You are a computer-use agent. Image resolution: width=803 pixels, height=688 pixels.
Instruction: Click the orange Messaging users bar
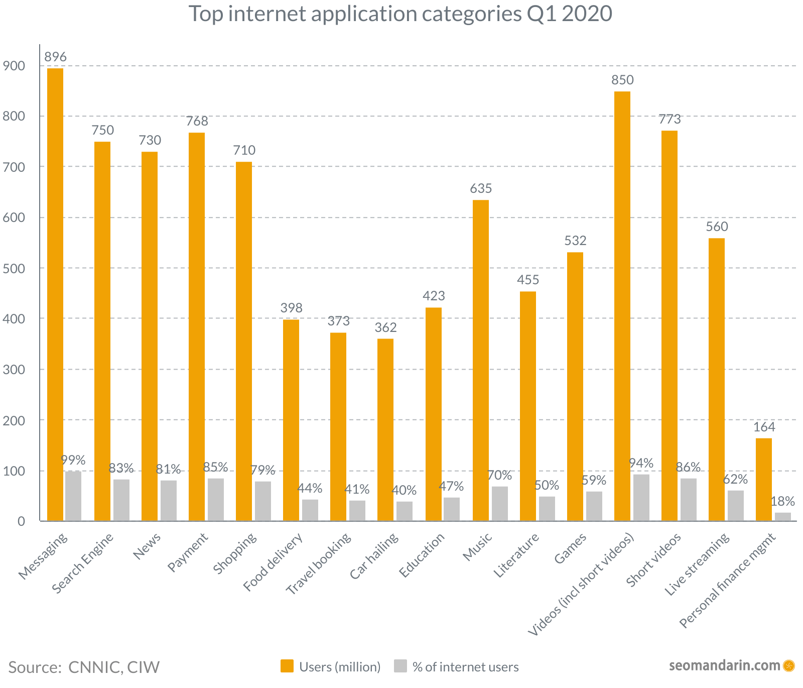(x=55, y=294)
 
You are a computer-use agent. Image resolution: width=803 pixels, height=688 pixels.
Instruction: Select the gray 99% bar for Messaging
(x=73, y=496)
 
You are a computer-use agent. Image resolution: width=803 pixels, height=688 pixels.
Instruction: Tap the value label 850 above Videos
(x=622, y=80)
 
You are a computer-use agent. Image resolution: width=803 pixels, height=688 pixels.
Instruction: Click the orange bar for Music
(x=481, y=360)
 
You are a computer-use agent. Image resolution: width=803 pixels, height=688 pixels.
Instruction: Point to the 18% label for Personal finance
(x=782, y=501)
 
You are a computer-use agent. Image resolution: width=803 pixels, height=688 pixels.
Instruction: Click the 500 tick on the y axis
(x=14, y=268)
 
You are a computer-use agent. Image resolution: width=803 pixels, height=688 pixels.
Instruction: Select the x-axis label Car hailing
(x=374, y=556)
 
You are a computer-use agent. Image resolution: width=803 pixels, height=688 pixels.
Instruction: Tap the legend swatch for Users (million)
(x=287, y=666)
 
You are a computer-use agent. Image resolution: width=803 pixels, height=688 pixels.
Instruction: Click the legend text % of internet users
(x=465, y=667)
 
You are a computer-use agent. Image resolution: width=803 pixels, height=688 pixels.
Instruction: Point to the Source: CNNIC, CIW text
(x=84, y=667)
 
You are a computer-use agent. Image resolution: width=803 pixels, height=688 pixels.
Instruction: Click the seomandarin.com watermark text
(x=724, y=666)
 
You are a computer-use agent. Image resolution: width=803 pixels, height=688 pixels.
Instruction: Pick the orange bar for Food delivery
(x=291, y=420)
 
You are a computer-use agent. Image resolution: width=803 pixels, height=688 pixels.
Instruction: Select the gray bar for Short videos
(x=689, y=499)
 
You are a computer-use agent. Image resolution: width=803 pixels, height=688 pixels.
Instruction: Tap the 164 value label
(x=764, y=427)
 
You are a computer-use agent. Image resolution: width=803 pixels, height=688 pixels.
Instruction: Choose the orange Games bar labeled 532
(x=575, y=386)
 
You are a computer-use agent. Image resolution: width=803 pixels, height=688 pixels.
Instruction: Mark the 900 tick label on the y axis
(x=14, y=66)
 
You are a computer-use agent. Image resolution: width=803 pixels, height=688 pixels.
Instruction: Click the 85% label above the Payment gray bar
(x=215, y=467)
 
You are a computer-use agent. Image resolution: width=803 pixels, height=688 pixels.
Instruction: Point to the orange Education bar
(x=434, y=414)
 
